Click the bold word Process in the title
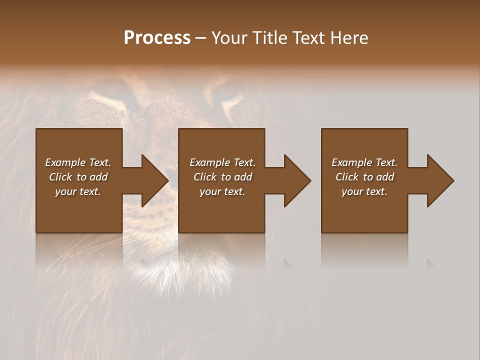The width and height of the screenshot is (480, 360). [157, 38]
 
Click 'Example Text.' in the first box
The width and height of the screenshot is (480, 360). [78, 162]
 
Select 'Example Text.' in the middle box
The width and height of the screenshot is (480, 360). [222, 162]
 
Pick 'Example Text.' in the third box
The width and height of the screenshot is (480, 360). [364, 162]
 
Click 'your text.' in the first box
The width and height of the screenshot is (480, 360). [78, 191]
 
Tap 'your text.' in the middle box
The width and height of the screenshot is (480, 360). [222, 191]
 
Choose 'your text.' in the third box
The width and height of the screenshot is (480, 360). [364, 191]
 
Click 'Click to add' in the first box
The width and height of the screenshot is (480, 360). [78, 177]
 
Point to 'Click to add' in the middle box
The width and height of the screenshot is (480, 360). [222, 177]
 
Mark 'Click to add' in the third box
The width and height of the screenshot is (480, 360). [364, 177]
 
